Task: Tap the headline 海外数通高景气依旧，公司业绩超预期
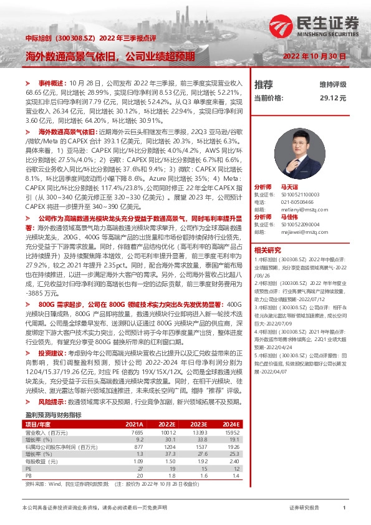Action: click(x=110, y=55)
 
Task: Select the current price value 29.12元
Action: click(x=332, y=98)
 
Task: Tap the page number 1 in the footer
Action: click(x=344, y=508)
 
